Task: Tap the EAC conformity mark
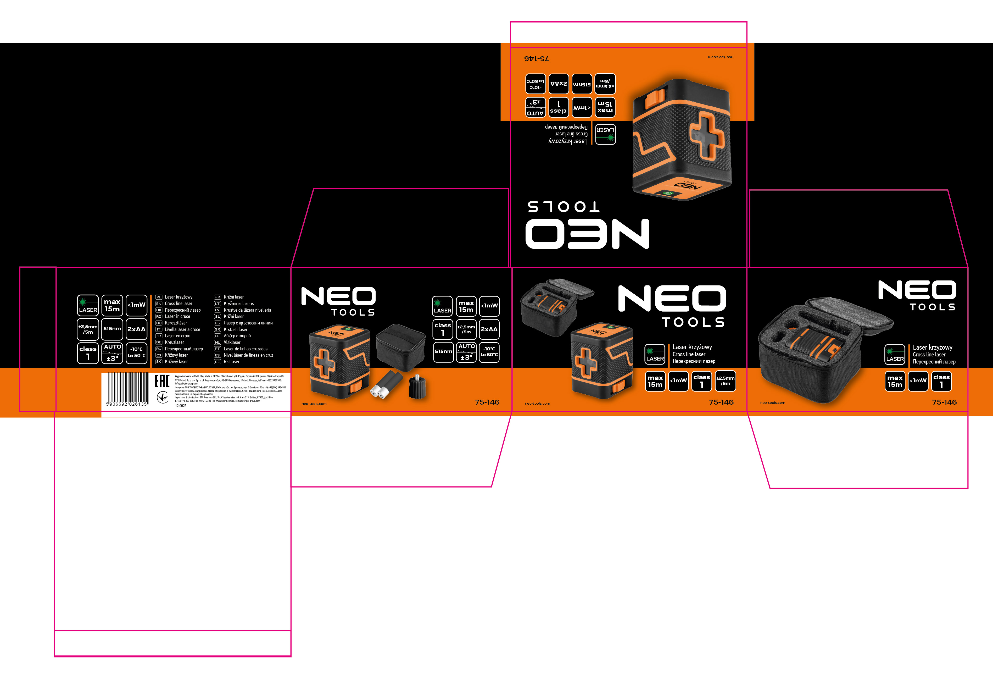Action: click(162, 381)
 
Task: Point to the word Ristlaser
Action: click(232, 362)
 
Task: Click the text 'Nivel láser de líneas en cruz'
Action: click(248, 355)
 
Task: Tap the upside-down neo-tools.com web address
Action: click(720, 57)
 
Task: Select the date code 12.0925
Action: click(181, 406)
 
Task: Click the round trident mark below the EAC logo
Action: click(162, 397)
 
